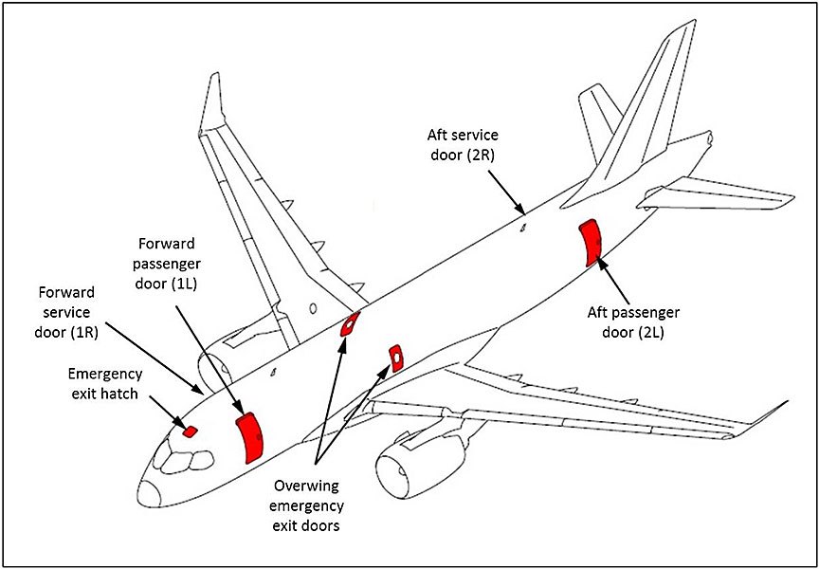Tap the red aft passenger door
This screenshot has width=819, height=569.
(x=592, y=242)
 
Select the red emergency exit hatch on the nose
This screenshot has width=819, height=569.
(x=190, y=431)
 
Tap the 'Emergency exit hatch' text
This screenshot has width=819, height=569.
(x=106, y=381)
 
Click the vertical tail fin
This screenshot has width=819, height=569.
(x=654, y=114)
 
